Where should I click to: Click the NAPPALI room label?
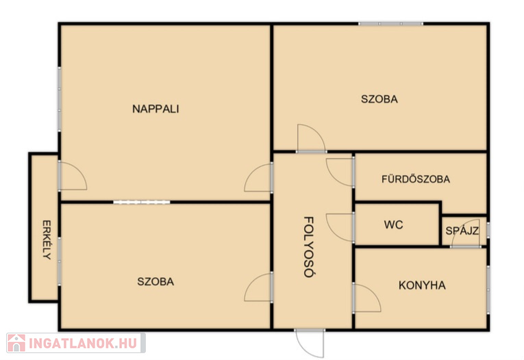(155, 109)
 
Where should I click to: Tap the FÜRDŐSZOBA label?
(416, 179)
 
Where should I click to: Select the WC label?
(393, 224)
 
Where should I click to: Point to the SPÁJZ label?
(462, 231)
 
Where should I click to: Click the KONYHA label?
(422, 285)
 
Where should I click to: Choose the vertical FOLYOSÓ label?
(309, 247)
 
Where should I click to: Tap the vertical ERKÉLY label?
(47, 240)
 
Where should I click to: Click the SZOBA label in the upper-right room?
(379, 99)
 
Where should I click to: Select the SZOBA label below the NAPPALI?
(155, 281)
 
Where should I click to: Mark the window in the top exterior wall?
(390, 24)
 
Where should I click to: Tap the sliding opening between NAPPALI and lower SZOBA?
(142, 202)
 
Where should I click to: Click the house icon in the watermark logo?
(16, 343)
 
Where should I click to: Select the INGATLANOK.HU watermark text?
(83, 344)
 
